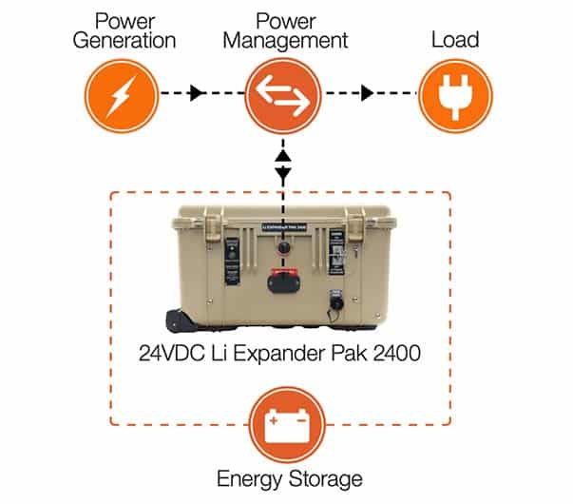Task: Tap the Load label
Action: click(455, 41)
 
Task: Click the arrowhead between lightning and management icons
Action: click(196, 94)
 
